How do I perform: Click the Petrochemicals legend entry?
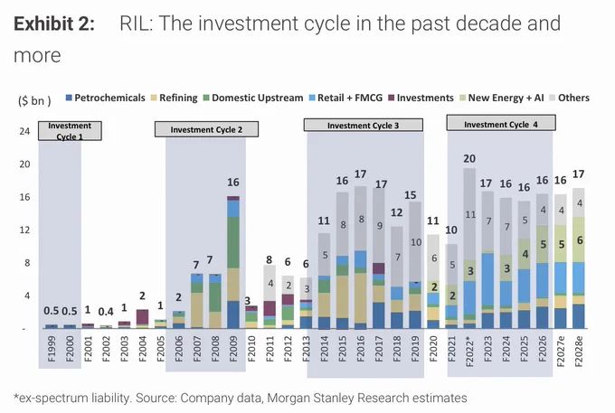(105, 98)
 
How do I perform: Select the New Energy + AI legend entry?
(502, 98)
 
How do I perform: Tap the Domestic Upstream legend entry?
(253, 98)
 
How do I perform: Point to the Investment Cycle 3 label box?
(364, 125)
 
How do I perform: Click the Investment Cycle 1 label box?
(70, 131)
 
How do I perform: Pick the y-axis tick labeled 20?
(24, 164)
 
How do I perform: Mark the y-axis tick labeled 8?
(27, 263)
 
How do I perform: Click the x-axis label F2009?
(233, 348)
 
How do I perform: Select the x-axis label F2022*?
(469, 351)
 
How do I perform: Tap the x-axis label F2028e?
(579, 351)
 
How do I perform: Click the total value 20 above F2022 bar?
(469, 158)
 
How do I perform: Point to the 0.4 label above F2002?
(106, 312)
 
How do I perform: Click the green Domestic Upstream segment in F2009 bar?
(233, 242)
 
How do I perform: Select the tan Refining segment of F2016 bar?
(361, 298)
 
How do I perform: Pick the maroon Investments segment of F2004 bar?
(142, 317)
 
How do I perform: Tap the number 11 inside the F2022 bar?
(470, 214)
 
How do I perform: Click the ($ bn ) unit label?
(34, 100)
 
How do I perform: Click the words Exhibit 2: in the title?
(54, 23)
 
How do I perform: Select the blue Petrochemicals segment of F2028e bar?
(579, 316)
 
